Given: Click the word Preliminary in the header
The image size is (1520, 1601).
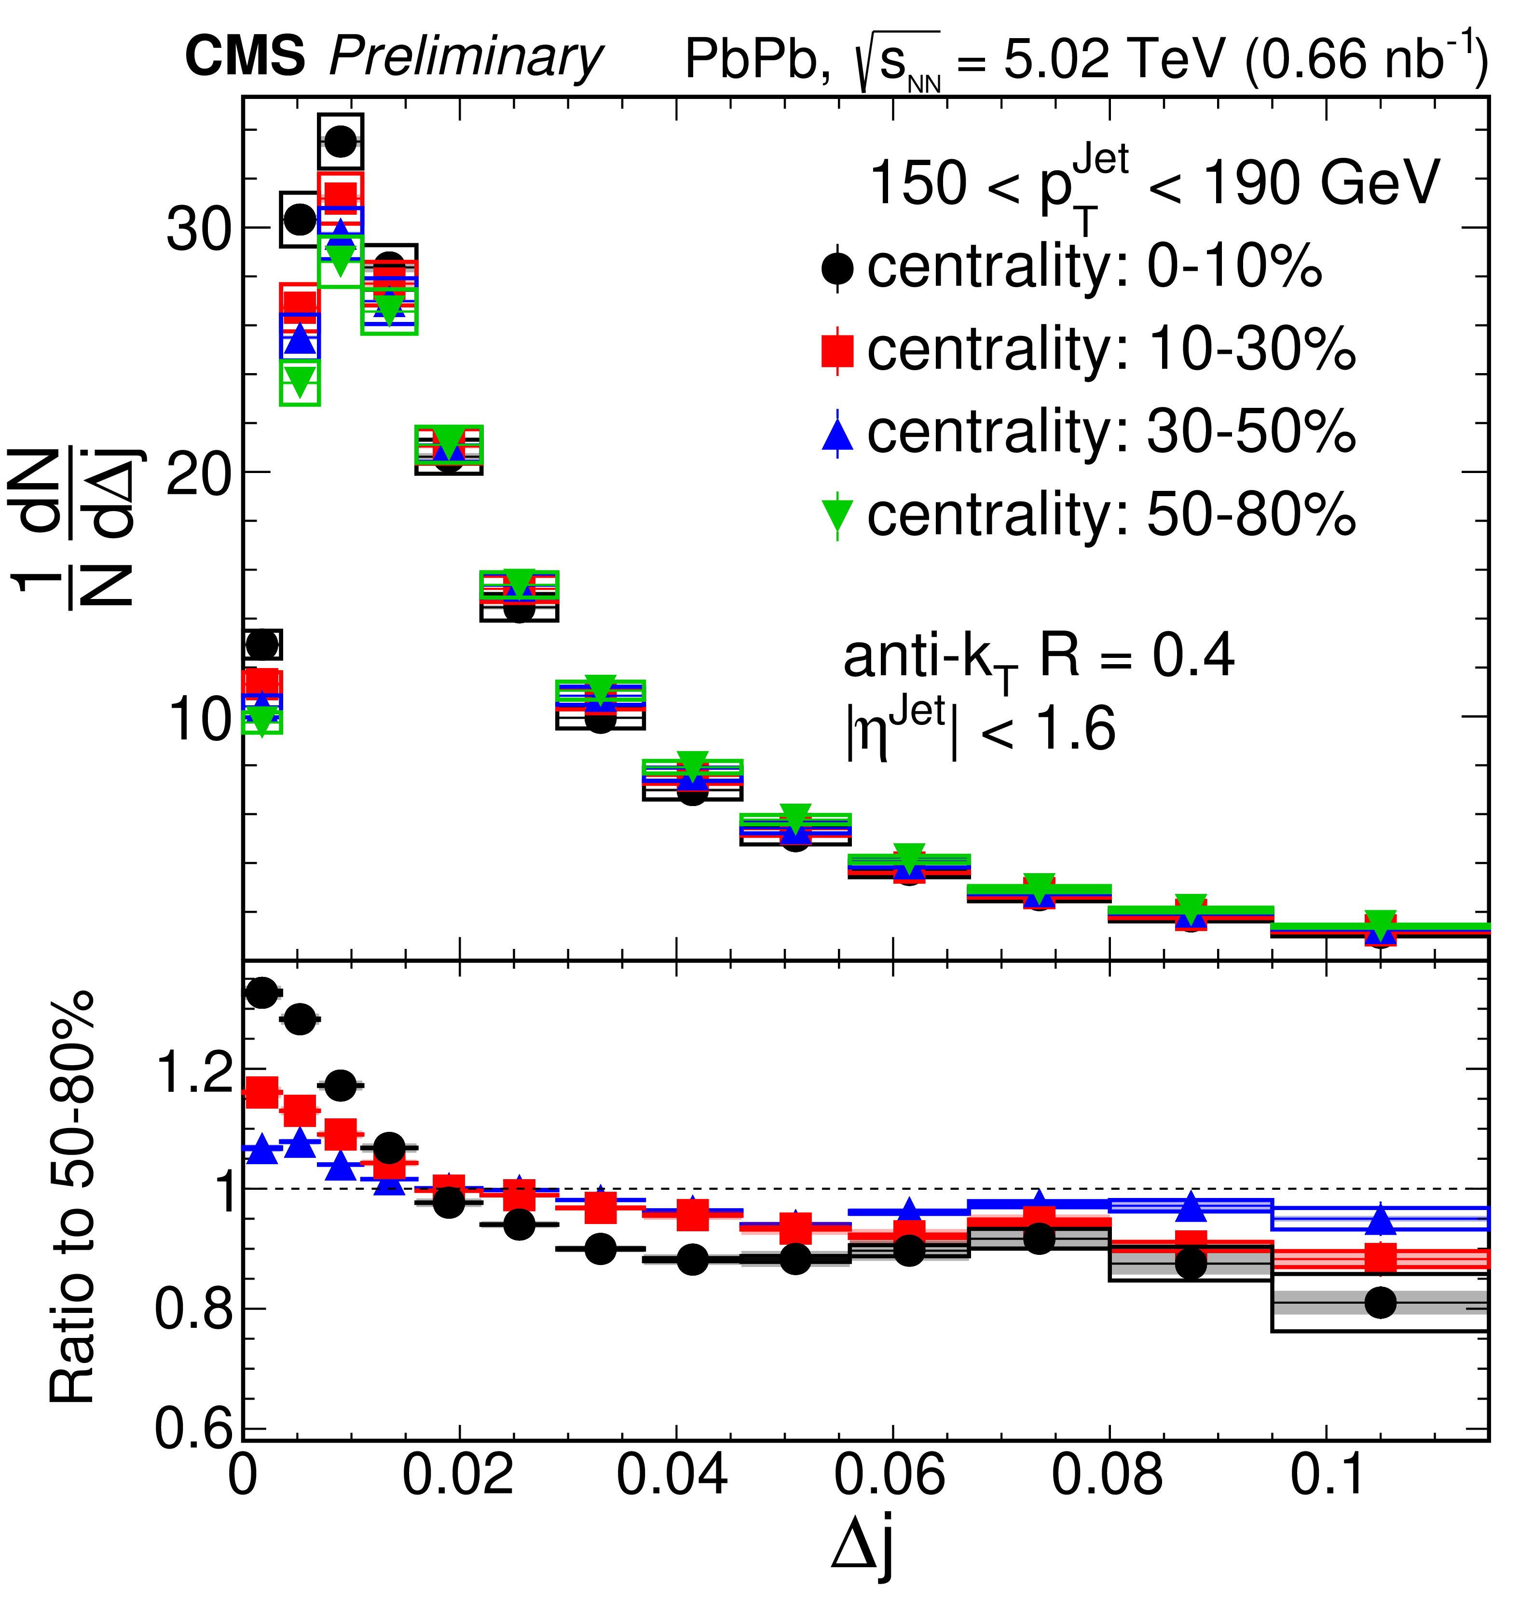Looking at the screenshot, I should [x=466, y=58].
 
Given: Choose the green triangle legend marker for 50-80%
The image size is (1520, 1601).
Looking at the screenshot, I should [x=837, y=515].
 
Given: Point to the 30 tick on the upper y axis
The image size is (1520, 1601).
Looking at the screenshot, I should [x=199, y=229].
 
